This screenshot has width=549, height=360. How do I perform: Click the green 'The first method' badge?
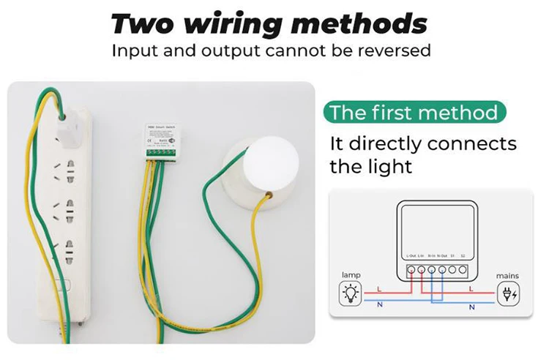click(414, 113)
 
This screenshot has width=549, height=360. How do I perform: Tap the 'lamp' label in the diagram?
click(351, 276)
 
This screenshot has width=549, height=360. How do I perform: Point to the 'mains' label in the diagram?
click(507, 276)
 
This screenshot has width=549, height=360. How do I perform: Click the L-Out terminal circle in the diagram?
click(411, 269)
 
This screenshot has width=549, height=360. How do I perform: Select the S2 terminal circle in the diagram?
click(463, 269)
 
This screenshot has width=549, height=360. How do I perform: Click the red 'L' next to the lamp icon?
click(378, 289)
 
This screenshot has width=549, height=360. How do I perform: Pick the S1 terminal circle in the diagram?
click(452, 269)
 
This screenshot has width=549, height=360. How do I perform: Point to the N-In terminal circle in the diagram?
click(432, 269)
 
